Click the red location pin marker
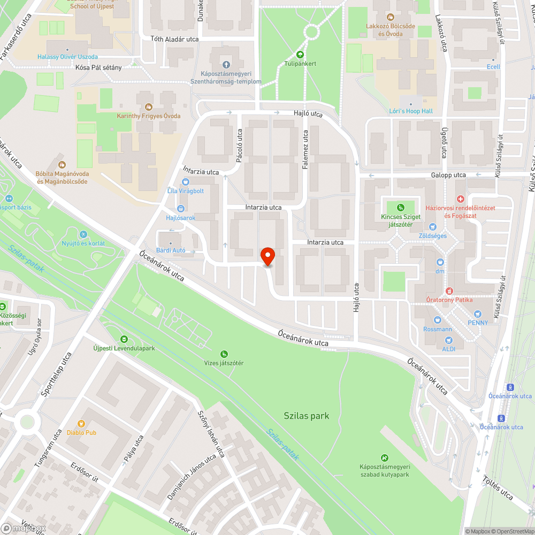pos(267,256)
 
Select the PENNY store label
pos(477,323)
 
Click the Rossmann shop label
pos(437,329)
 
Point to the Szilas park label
pos(307,416)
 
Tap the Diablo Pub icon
pos(81,423)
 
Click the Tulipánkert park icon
pos(300,54)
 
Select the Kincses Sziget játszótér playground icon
pos(401,207)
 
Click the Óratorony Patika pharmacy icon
pos(449,291)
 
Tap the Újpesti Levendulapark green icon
pos(124,339)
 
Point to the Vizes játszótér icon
pos(224,354)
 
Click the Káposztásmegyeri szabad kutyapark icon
pos(384,457)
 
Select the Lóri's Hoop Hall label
pos(411,111)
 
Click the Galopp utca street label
pos(448,175)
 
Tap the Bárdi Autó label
pos(171,250)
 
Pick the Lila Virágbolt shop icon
pos(186,182)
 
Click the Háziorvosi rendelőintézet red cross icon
pos(461,199)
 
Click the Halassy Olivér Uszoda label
pos(67,57)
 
